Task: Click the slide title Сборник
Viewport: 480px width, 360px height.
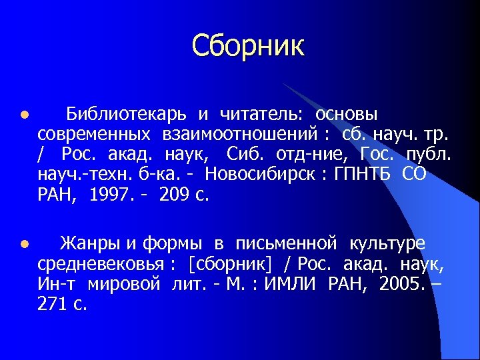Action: pos(248,45)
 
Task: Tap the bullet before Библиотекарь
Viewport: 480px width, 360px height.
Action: pos(24,115)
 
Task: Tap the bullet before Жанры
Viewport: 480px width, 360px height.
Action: pos(24,245)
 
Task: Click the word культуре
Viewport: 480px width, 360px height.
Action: pos(384,244)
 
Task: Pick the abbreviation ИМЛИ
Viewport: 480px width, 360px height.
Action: pos(291,285)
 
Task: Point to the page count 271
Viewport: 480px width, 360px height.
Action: pos(53,305)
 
